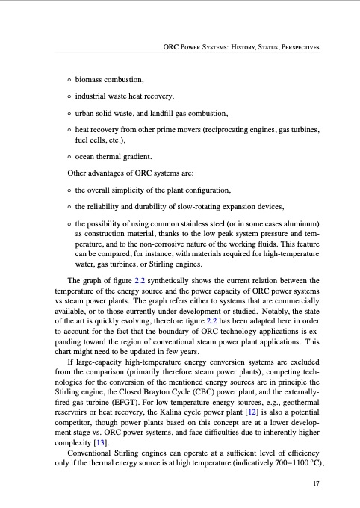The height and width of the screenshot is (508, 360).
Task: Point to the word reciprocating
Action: pos(223,130)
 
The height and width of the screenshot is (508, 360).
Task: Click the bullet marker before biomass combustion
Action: pos(69,78)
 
